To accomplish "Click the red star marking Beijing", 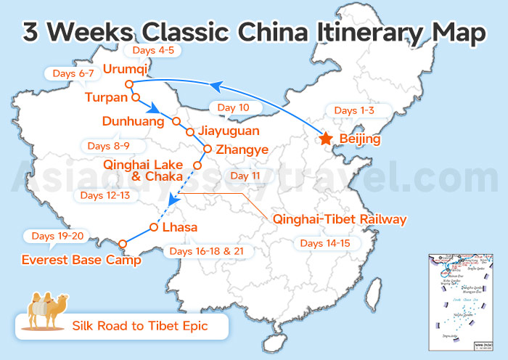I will pos(326,139).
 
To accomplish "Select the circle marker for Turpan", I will pos(136,97).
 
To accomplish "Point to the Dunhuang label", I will pos(134,121).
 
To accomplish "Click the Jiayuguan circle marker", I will pos(189,132).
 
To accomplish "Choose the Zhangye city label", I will pos(242,150).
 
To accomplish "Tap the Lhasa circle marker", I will pos(153,227).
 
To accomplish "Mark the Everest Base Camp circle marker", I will pos(123,243).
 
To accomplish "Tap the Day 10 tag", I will pos(234,107).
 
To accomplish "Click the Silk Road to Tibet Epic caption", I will pos(139,326).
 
